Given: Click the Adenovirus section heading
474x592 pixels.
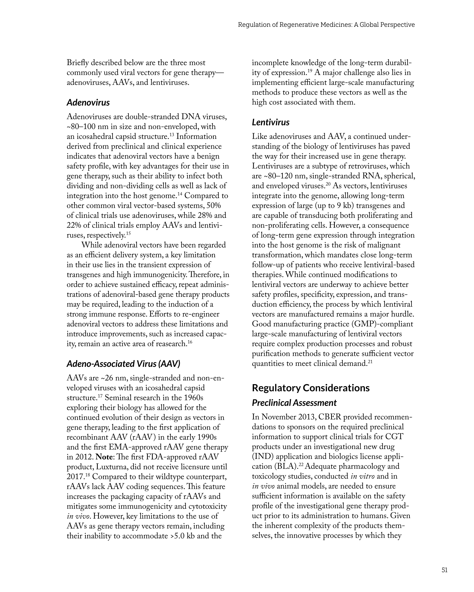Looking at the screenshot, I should tap(88, 103).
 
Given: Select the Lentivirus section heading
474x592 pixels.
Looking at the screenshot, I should tap(271, 122).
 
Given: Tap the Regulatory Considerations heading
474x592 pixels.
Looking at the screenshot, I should tap(311, 388).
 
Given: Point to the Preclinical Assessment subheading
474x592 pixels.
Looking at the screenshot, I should tap(294, 403).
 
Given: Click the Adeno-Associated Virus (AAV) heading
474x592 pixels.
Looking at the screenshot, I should tap(123, 363).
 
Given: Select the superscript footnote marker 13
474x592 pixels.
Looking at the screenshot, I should tap(171, 134).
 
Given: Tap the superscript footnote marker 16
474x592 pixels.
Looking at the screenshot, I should tap(190, 342).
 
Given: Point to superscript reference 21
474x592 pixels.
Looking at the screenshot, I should tap(370, 361).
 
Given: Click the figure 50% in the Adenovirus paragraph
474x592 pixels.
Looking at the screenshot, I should tap(213, 206).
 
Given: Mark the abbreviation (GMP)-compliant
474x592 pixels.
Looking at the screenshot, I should tap(382, 324).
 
